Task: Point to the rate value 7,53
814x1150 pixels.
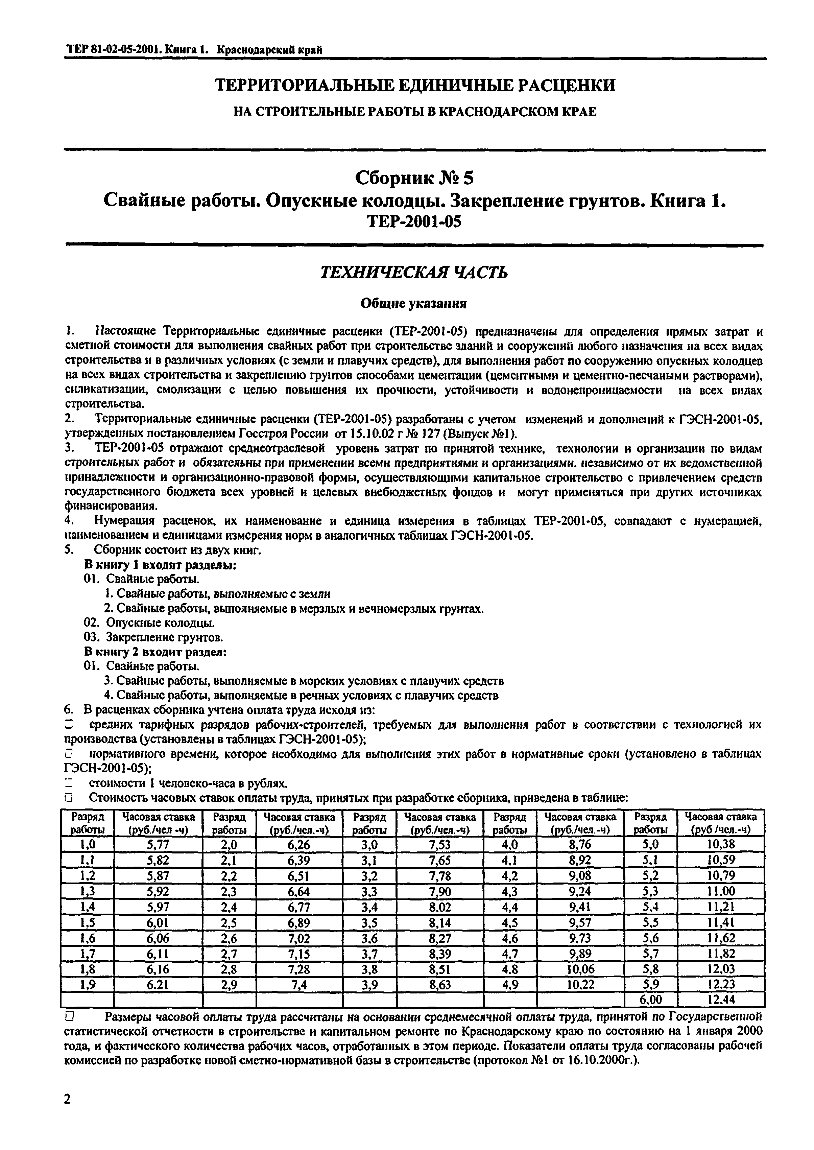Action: (x=439, y=844)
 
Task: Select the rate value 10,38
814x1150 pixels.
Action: (x=720, y=844)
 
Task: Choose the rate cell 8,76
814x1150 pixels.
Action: (x=580, y=844)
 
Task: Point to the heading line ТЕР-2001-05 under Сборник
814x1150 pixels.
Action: (x=414, y=221)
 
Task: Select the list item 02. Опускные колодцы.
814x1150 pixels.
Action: (x=149, y=623)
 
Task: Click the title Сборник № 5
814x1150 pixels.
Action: (x=414, y=178)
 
